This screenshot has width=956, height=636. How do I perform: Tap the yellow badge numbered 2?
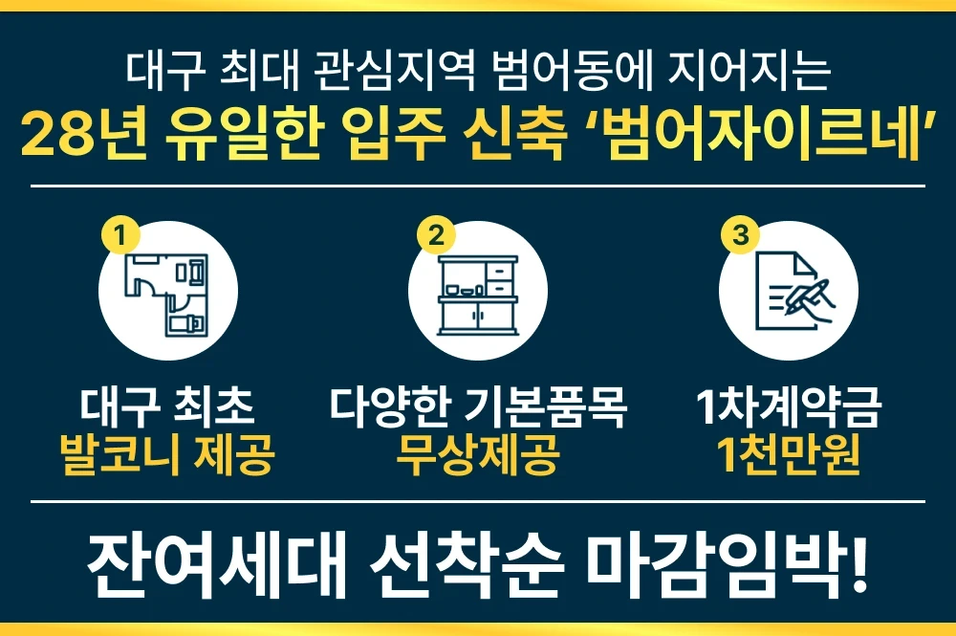tap(436, 233)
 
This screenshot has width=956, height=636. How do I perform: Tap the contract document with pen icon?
tap(791, 288)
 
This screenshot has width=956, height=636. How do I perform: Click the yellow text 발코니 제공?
tap(167, 456)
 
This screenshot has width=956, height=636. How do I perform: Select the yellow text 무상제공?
tap(478, 456)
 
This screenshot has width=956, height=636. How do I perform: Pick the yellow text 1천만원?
tap(789, 456)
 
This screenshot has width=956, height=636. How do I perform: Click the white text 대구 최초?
tap(167, 409)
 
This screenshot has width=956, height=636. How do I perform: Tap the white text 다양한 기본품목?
tap(478, 409)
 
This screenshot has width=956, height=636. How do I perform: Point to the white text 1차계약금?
tap(789, 409)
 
